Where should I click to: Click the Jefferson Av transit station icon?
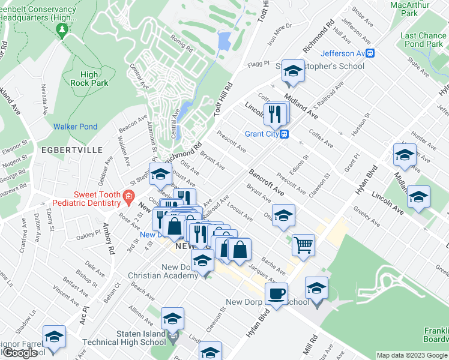tap(371, 53)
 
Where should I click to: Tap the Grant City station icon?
tap(286, 134)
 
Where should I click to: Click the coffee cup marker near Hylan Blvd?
tap(276, 294)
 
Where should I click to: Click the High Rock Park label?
tap(89, 79)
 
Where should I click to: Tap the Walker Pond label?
tap(75, 127)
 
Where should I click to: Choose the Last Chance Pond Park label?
tap(424, 40)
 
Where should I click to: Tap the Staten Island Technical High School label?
tap(129, 337)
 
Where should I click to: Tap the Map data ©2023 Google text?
tap(411, 355)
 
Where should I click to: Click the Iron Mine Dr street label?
tap(280, 26)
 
